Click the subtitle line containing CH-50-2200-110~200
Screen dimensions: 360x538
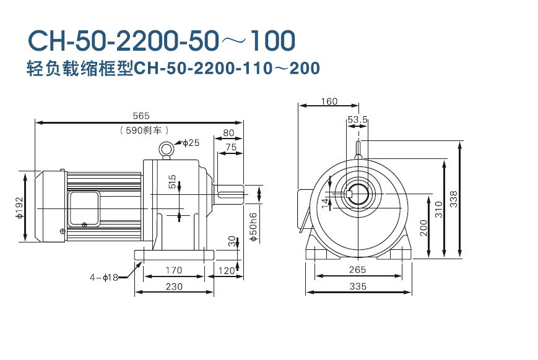click(x=173, y=68)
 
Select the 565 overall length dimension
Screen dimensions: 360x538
click(x=141, y=116)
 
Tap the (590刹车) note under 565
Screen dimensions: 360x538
click(x=141, y=131)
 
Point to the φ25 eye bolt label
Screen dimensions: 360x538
click(x=191, y=143)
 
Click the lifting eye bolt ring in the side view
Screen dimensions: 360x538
click(x=166, y=148)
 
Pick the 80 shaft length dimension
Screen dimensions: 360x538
click(x=228, y=132)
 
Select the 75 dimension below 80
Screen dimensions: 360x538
click(x=230, y=147)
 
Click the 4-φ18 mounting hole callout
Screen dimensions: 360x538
click(x=103, y=277)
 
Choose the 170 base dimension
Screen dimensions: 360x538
click(x=174, y=270)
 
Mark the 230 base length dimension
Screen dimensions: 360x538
click(x=174, y=286)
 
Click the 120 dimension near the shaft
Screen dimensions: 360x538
click(x=228, y=270)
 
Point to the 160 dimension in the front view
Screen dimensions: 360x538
click(x=329, y=101)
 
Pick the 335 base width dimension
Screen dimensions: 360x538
click(x=358, y=286)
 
